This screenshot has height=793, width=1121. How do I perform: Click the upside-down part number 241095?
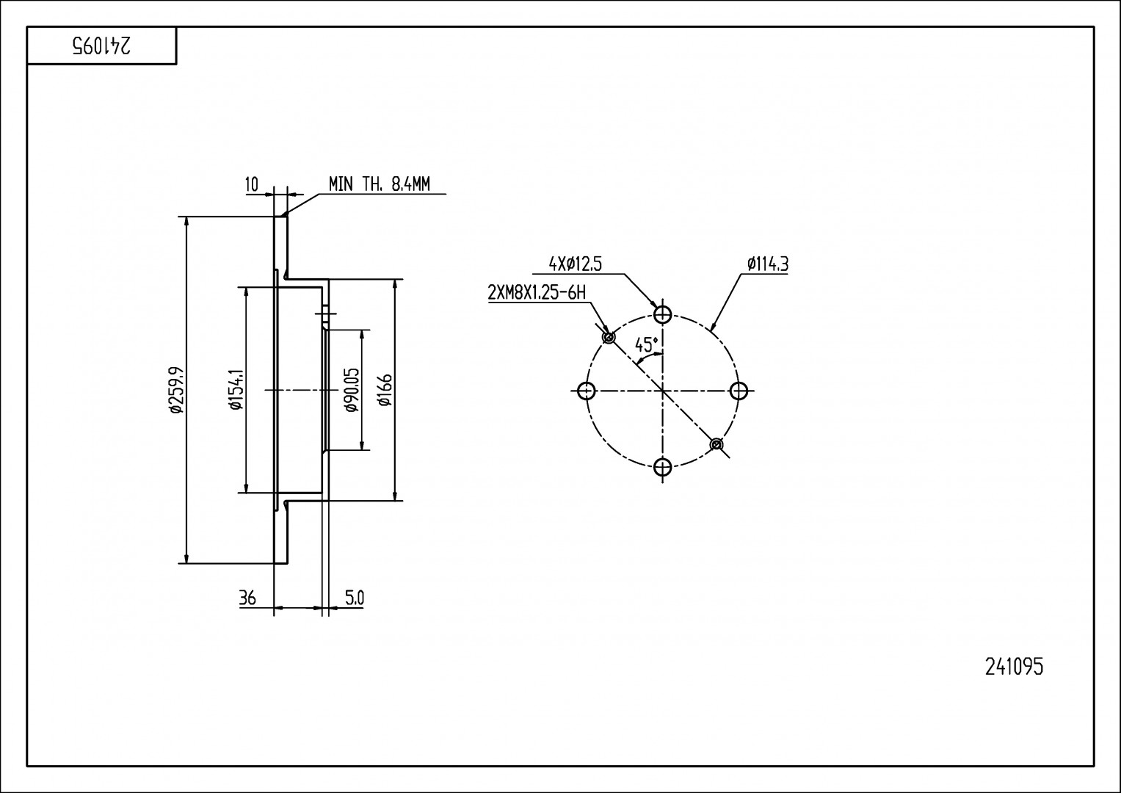tap(102, 46)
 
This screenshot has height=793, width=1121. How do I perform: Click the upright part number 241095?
tap(1015, 667)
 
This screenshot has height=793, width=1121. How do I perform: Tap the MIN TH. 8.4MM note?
tap(380, 184)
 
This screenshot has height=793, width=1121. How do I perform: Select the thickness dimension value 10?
tap(252, 185)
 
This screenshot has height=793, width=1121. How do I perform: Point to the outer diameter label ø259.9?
tap(177, 390)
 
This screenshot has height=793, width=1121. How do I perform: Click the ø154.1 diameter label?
tap(236, 390)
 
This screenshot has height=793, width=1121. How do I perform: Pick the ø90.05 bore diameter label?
tap(352, 390)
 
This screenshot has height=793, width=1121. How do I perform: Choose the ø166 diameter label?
tap(385, 390)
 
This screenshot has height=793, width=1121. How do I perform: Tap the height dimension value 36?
tap(247, 598)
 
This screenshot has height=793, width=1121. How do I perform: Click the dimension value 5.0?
tap(355, 598)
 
